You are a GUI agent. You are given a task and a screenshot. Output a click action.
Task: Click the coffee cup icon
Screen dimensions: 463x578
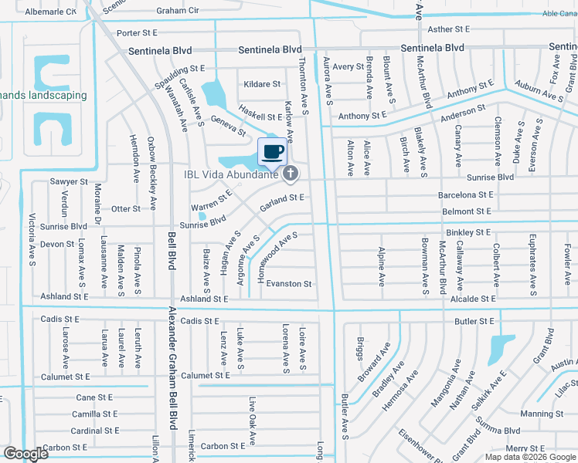click(x=272, y=151)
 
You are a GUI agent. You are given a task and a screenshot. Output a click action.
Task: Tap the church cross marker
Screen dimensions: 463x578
click(x=291, y=174)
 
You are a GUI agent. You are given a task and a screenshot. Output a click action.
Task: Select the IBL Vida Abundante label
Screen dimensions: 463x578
click(x=230, y=174)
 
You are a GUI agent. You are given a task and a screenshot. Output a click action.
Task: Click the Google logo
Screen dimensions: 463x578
click(x=25, y=454)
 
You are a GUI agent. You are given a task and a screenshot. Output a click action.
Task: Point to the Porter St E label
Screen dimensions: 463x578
click(x=137, y=33)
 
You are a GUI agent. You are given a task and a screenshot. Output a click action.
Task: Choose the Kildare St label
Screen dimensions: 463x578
click(x=261, y=83)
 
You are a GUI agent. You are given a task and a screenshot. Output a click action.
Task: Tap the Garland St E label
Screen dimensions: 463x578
click(x=283, y=198)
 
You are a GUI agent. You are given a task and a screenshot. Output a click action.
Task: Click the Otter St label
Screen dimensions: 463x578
click(x=126, y=208)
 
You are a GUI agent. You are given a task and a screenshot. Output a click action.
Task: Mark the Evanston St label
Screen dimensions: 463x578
click(x=289, y=284)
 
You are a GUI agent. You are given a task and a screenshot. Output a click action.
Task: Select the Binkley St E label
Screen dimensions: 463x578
click(x=468, y=231)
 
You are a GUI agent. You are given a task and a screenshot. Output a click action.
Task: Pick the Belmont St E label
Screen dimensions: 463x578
click(x=467, y=211)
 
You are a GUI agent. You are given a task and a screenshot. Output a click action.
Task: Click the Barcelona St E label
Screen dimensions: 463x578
click(x=465, y=196)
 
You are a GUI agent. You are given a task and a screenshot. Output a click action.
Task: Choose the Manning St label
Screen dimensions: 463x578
click(x=542, y=414)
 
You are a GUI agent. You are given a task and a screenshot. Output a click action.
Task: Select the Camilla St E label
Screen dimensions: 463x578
click(x=96, y=414)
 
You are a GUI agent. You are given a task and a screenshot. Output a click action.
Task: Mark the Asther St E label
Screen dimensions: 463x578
click(x=449, y=29)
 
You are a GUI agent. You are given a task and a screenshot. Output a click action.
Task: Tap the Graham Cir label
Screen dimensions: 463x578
click(x=178, y=11)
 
